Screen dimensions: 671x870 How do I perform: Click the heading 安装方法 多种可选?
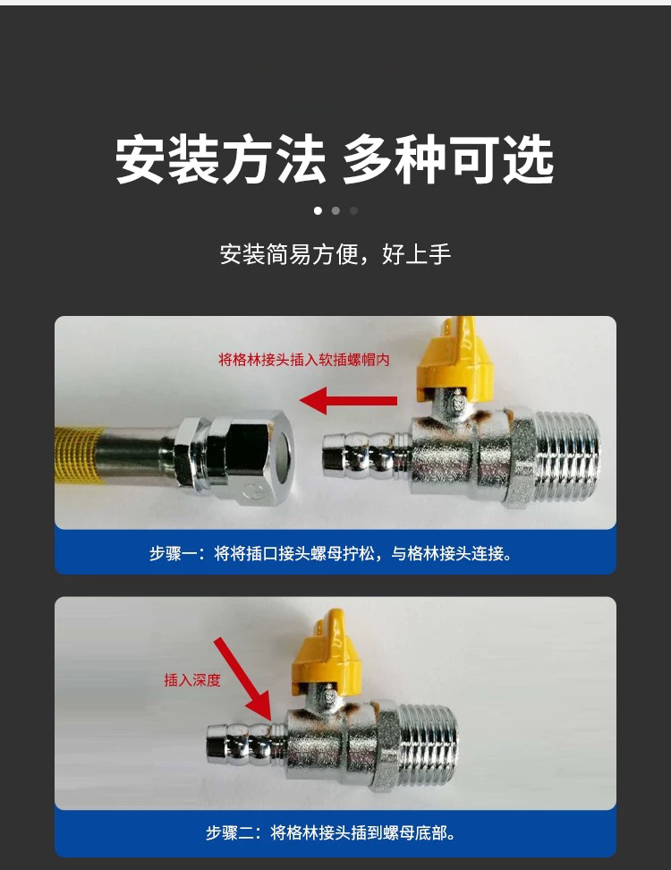tap(335, 159)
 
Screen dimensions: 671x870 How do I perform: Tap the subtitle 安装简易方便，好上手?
tap(335, 254)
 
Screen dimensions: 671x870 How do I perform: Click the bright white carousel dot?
tap(318, 211)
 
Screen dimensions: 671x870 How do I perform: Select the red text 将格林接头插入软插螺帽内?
tap(304, 360)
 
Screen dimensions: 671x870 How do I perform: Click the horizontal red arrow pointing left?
tap(348, 401)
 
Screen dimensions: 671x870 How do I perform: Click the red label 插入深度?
tap(191, 679)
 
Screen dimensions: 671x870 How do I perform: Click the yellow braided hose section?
tap(78, 456)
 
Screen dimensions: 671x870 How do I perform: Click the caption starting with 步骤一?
tap(330, 553)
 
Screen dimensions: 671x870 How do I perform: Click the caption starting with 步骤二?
tap(330, 832)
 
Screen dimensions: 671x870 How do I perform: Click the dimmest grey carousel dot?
tap(353, 211)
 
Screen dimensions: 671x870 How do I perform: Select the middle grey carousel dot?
tap(335, 211)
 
